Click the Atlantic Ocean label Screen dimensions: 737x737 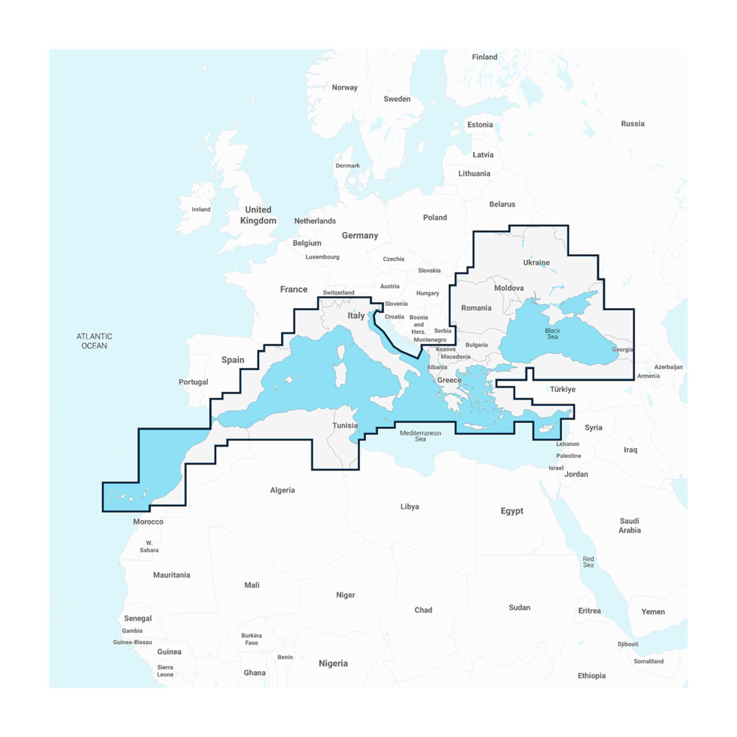(94, 341)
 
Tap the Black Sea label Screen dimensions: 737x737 (552, 334)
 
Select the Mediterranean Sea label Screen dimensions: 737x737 (420, 436)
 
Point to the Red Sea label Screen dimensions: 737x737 (588, 562)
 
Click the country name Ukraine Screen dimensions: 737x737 (536, 262)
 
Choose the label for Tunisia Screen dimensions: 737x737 (345, 425)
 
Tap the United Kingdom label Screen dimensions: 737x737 (258, 215)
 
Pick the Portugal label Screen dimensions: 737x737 (193, 382)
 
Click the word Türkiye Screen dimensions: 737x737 (563, 389)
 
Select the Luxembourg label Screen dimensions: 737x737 (322, 257)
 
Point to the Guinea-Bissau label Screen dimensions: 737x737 (132, 642)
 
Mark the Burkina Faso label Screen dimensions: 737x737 (251, 639)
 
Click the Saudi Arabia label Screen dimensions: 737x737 (629, 525)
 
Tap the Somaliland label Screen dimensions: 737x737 (649, 661)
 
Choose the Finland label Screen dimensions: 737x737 (484, 57)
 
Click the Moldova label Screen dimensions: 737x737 (509, 288)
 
